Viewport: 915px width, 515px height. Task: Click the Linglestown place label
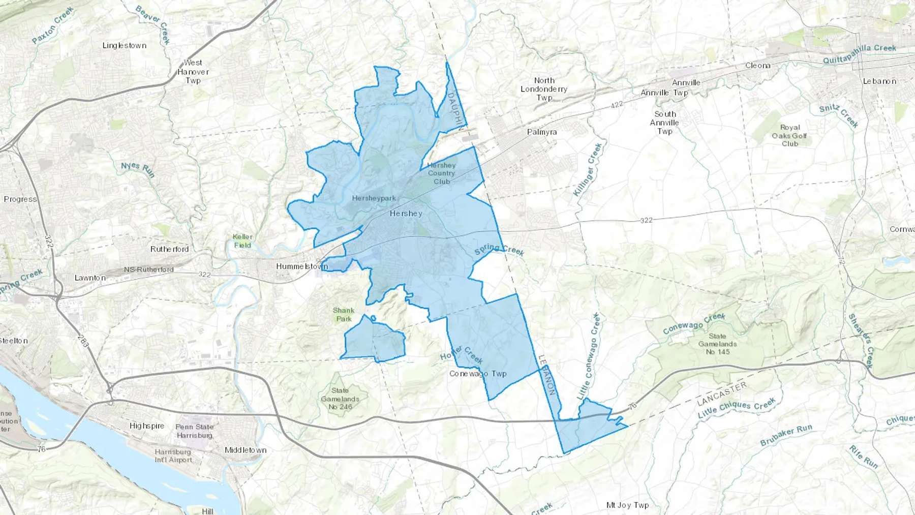[x=125, y=46]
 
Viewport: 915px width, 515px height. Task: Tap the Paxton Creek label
[x=53, y=25]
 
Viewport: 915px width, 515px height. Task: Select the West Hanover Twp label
[x=193, y=72]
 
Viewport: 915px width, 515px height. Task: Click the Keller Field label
[x=242, y=241]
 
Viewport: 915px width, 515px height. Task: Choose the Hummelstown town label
[x=302, y=266]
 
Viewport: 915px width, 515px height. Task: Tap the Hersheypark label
[x=374, y=198]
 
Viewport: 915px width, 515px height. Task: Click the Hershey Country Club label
[x=441, y=173]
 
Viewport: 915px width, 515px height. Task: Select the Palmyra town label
[x=542, y=132]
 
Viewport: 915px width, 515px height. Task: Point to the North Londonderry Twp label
[x=544, y=89]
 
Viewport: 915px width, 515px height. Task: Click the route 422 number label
[x=617, y=105]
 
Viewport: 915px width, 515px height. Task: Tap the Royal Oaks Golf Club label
[x=789, y=136]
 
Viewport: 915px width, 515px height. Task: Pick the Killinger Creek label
[x=588, y=169]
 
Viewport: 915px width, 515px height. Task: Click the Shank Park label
[x=344, y=315]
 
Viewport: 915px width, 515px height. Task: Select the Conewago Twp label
[x=478, y=374]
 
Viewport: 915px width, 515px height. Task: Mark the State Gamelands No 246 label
[x=340, y=399]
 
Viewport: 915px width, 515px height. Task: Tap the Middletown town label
[x=246, y=450]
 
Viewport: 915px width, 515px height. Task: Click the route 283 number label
[x=83, y=341]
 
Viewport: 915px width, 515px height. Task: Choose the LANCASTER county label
[x=722, y=394]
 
